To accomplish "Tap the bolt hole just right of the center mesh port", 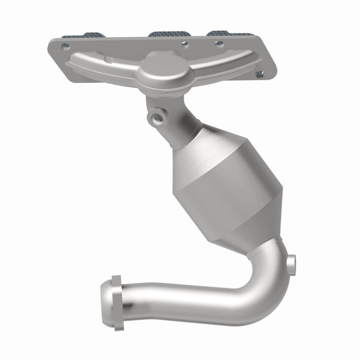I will pyautogui.click(x=184, y=44).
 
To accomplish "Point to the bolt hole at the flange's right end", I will pyautogui.click(x=258, y=73).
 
